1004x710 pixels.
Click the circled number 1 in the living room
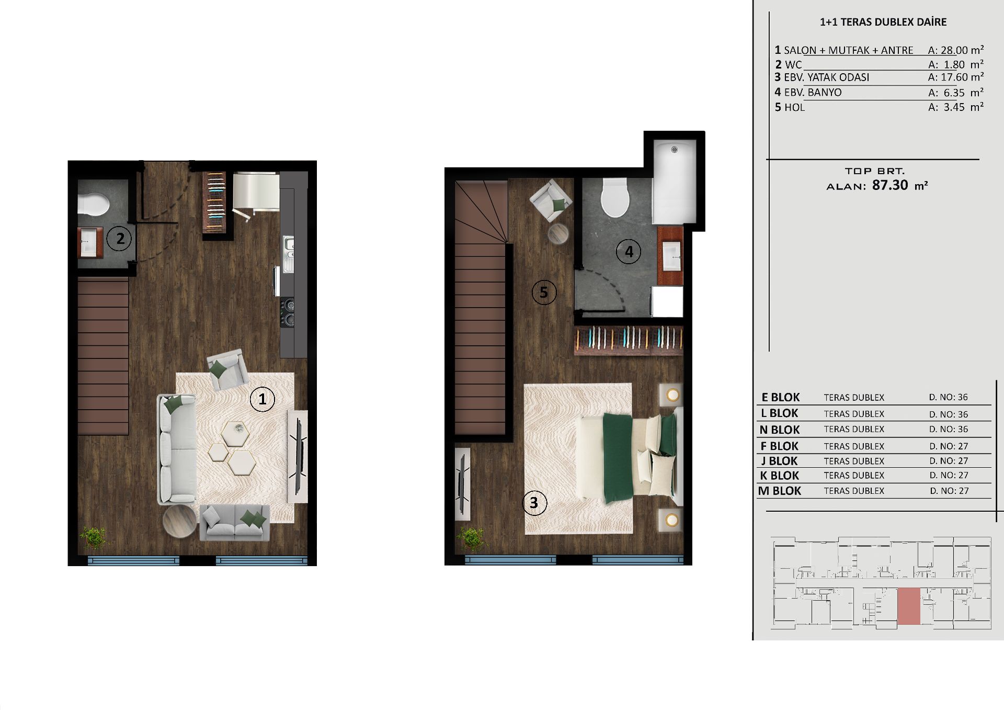point(263,399)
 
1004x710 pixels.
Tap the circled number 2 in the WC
point(120,239)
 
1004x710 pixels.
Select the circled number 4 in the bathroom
point(629,252)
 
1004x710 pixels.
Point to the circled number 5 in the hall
point(544,292)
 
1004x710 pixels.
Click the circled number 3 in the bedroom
point(534,503)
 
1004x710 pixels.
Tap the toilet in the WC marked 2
point(93,204)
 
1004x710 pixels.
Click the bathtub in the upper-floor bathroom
point(675,182)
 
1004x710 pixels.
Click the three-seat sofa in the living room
point(177,449)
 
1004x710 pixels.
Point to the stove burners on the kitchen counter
point(288,312)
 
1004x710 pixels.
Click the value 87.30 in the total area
point(890,185)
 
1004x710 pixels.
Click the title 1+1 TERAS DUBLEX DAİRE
point(883,22)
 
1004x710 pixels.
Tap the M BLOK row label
point(780,491)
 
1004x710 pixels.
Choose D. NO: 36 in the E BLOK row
point(949,397)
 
